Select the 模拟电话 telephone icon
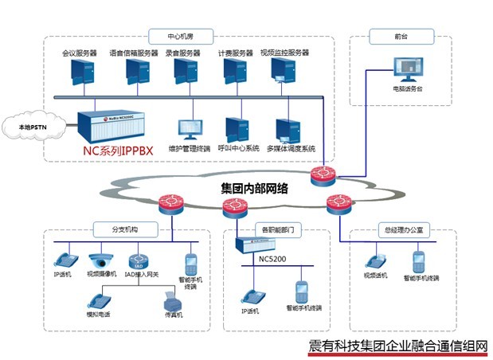point(98,300)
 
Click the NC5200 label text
point(270,258)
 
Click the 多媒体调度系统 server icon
point(287,129)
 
